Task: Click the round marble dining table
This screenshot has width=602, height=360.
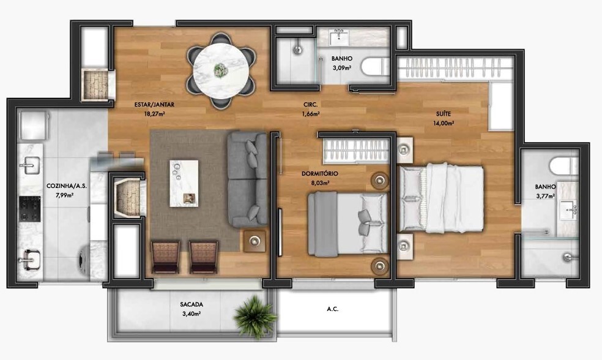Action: coord(220,70)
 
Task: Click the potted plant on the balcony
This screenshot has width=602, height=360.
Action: coord(253,315)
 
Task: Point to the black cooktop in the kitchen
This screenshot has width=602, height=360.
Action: coord(30,209)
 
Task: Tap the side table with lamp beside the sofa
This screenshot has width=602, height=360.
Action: coord(255,241)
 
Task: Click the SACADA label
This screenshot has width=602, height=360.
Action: coord(191,304)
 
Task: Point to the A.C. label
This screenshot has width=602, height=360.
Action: coord(333,309)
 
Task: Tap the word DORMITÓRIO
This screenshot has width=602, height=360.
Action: coord(320,173)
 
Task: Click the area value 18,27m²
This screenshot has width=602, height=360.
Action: coord(150,113)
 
